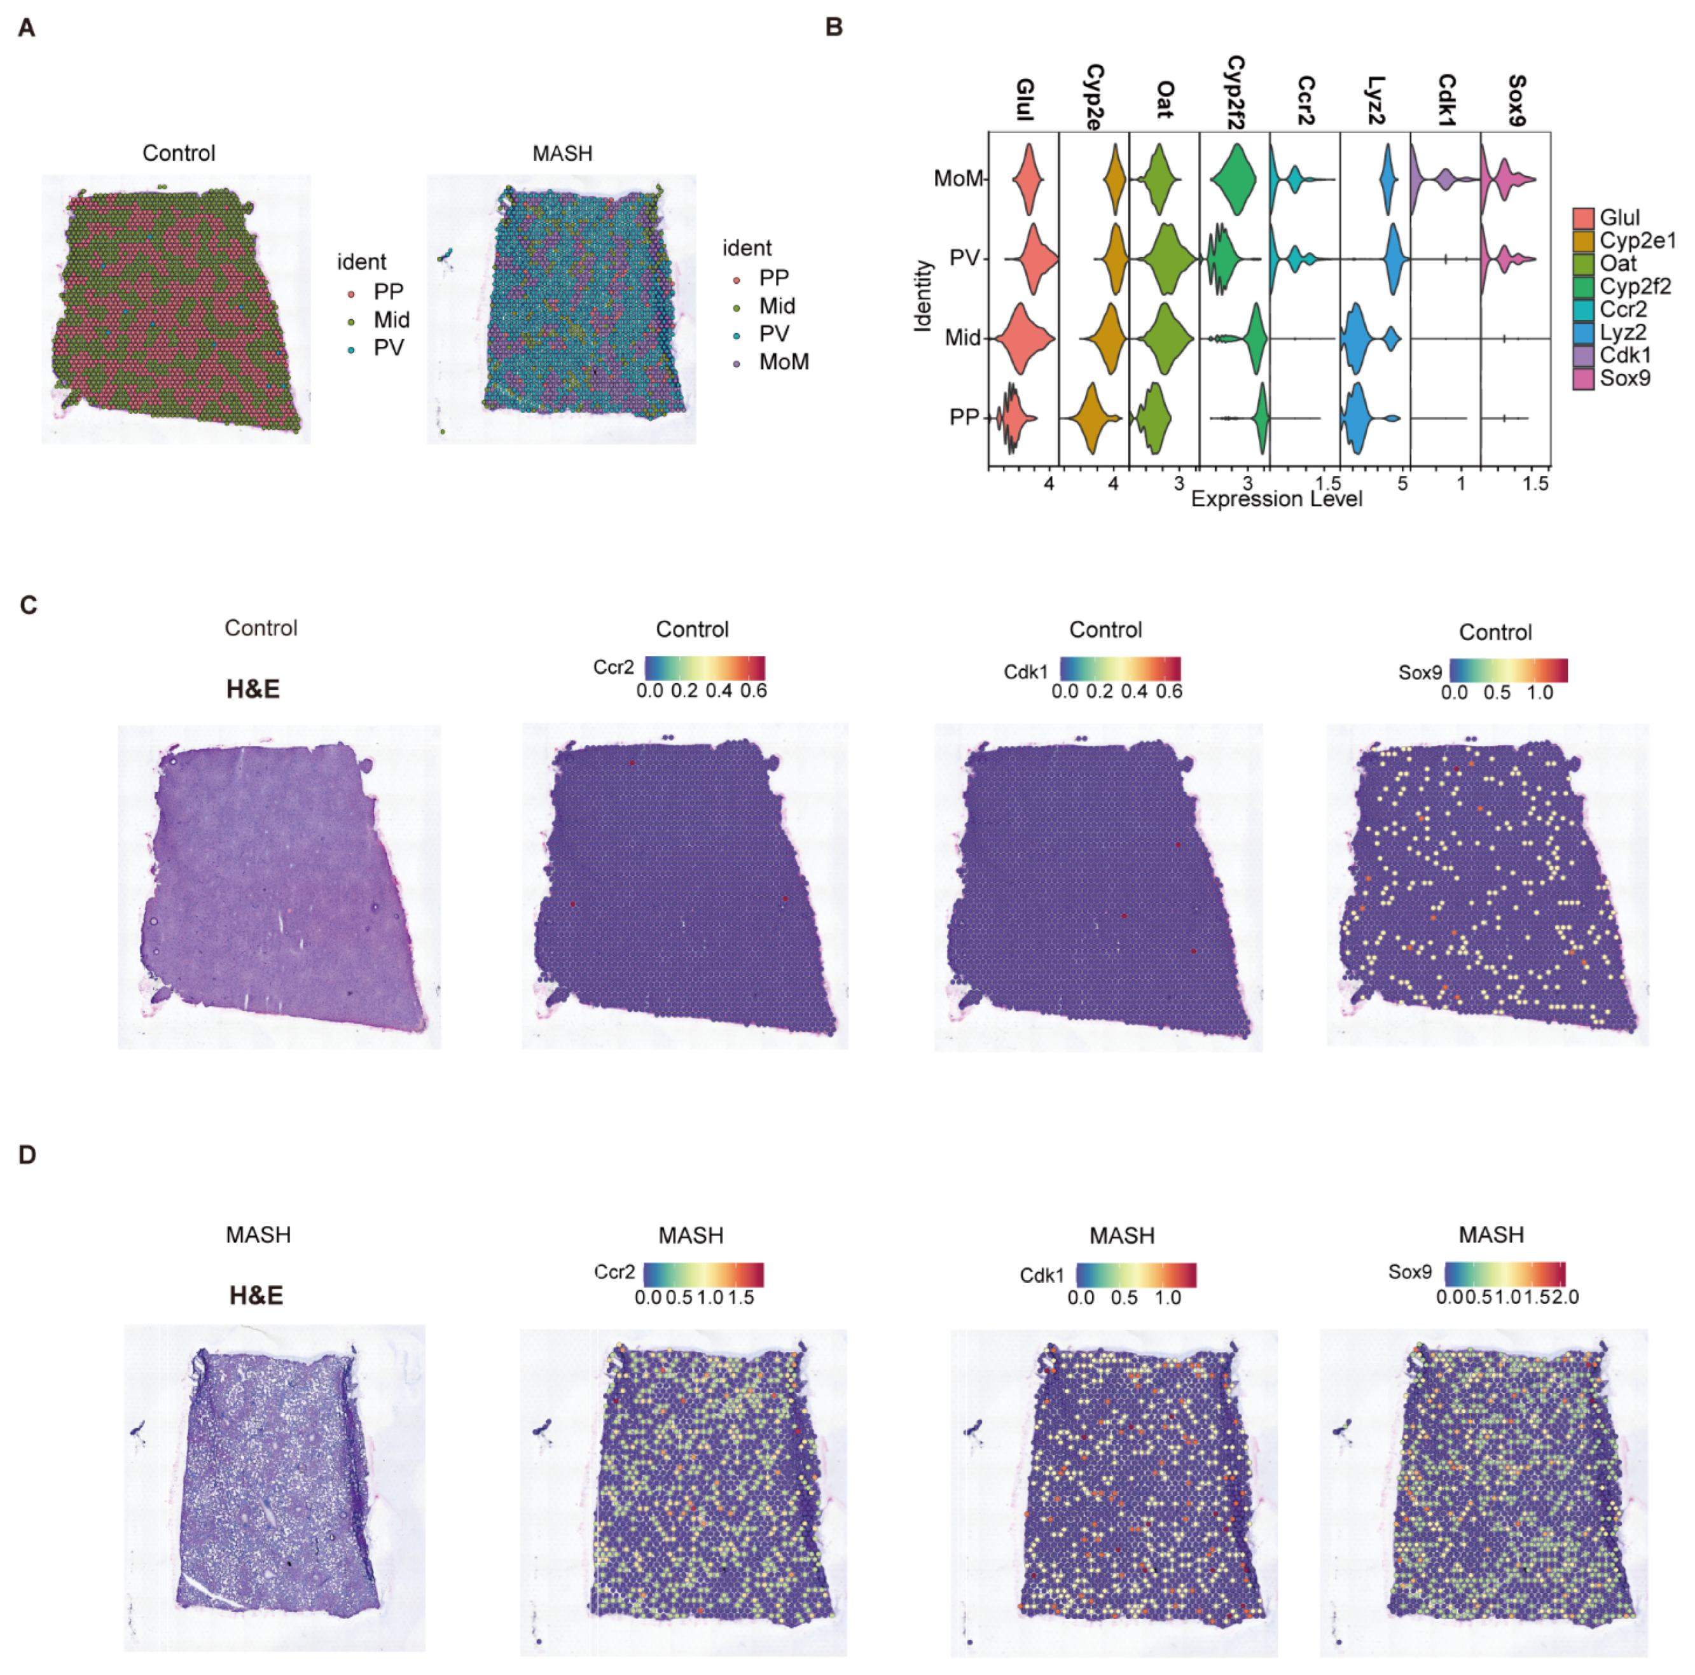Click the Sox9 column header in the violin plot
(1516, 101)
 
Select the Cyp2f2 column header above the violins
(1235, 92)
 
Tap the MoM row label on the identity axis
(958, 179)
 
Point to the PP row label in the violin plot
(964, 417)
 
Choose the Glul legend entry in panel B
(1619, 218)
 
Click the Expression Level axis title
(1276, 499)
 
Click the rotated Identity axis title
(922, 296)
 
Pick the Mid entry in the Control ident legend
(391, 319)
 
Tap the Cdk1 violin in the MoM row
(1430, 178)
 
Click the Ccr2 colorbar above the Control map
(705, 668)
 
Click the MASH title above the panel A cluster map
(562, 153)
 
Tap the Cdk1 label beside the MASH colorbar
(1041, 1275)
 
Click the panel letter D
(27, 1155)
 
